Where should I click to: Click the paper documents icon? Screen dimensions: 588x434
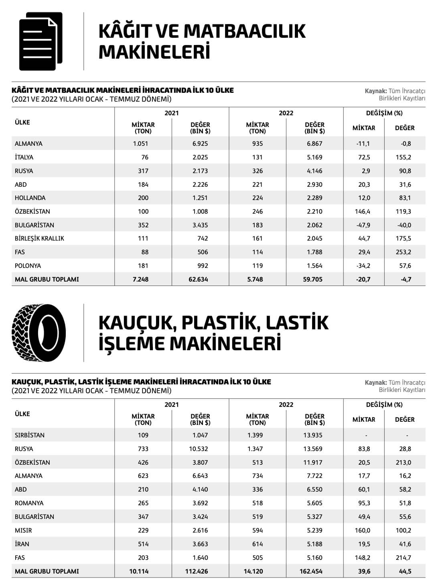pos(41,41)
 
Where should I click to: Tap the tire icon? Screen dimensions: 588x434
pos(39,333)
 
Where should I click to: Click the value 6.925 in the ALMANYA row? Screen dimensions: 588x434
pos(200,143)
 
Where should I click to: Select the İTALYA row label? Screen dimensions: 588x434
pos(24,157)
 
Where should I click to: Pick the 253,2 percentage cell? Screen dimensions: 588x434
pos(403,252)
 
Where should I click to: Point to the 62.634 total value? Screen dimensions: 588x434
pos(198,279)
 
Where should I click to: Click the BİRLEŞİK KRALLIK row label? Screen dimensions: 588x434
pos(39,238)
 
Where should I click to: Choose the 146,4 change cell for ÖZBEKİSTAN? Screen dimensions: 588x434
pos(363,211)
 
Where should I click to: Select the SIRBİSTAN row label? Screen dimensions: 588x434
pos(30,435)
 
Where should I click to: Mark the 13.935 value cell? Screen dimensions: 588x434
pos(313,435)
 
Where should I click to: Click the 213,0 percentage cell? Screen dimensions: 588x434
pos(403,462)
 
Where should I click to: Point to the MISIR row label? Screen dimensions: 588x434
pos(23,530)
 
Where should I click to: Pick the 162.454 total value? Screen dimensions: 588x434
pos(311,571)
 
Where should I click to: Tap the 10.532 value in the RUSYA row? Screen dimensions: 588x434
pos(199,449)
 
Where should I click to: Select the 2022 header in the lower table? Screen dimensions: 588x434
pos(286,404)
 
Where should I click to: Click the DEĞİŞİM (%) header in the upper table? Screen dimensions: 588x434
pos(384,113)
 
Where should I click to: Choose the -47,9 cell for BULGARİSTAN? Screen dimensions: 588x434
pos(363,225)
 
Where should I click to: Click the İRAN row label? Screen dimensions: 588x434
pos(22,544)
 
